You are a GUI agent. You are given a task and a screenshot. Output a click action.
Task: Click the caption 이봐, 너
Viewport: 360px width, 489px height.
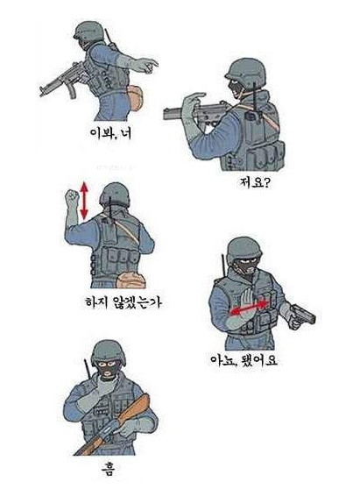coord(110,133)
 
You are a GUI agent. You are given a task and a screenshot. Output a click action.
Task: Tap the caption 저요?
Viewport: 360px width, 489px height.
coord(254,182)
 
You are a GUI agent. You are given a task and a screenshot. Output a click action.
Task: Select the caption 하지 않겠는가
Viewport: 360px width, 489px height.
coord(124,302)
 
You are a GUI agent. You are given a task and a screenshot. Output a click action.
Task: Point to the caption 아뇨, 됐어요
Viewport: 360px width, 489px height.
coord(244,360)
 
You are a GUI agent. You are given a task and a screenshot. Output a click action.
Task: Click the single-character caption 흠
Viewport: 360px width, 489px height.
coord(107,469)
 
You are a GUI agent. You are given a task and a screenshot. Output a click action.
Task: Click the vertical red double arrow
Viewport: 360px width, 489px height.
coord(84,201)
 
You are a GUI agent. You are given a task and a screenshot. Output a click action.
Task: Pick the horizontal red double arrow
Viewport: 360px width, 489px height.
coord(250,308)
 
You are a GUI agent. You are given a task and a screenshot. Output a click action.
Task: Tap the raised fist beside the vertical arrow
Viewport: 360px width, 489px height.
coord(71,197)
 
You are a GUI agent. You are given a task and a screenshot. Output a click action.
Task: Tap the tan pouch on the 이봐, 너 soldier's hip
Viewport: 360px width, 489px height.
coord(135,97)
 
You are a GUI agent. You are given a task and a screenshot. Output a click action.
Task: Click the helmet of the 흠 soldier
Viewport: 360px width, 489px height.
coord(109,351)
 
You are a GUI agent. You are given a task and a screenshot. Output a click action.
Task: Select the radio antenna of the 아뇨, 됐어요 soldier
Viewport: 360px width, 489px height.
coord(223,266)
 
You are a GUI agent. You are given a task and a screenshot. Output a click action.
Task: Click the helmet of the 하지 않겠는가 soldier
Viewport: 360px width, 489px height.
coord(115,195)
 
